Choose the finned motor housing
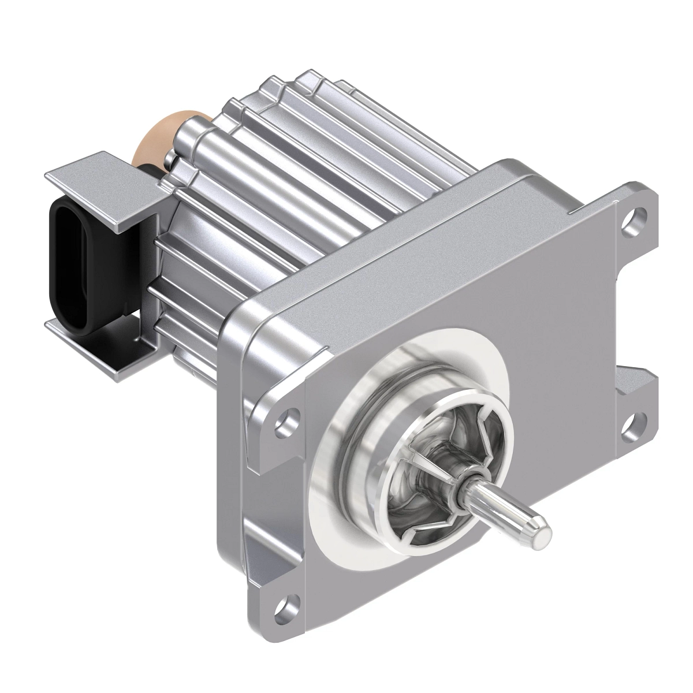[x=289, y=191]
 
